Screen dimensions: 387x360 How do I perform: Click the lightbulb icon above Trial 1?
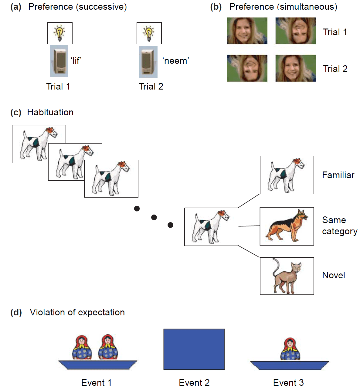(60, 33)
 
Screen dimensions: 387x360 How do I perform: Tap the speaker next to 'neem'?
(148, 62)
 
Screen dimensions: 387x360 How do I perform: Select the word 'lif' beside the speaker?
(76, 61)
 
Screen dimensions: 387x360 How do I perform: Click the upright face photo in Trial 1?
(247, 31)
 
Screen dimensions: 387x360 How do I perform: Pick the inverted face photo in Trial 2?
(247, 68)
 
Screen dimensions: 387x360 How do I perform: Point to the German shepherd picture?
(287, 226)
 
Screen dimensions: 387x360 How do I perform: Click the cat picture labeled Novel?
(287, 276)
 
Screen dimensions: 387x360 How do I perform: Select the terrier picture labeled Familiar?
(287, 175)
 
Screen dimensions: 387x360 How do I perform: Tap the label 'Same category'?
(339, 226)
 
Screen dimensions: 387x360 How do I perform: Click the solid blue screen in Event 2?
(194, 349)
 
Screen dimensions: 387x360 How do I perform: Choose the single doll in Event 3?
(290, 349)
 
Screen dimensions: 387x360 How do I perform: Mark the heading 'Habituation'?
(50, 112)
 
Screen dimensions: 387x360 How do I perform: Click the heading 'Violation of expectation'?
(77, 312)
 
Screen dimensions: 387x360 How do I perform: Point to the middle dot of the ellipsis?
(154, 217)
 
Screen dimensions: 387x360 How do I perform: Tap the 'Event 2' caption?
(194, 382)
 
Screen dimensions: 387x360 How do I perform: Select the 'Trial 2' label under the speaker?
(151, 87)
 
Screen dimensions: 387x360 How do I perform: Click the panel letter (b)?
(216, 7)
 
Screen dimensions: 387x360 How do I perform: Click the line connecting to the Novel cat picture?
(249, 251)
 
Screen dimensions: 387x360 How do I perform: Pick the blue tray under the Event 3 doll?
(289, 365)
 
